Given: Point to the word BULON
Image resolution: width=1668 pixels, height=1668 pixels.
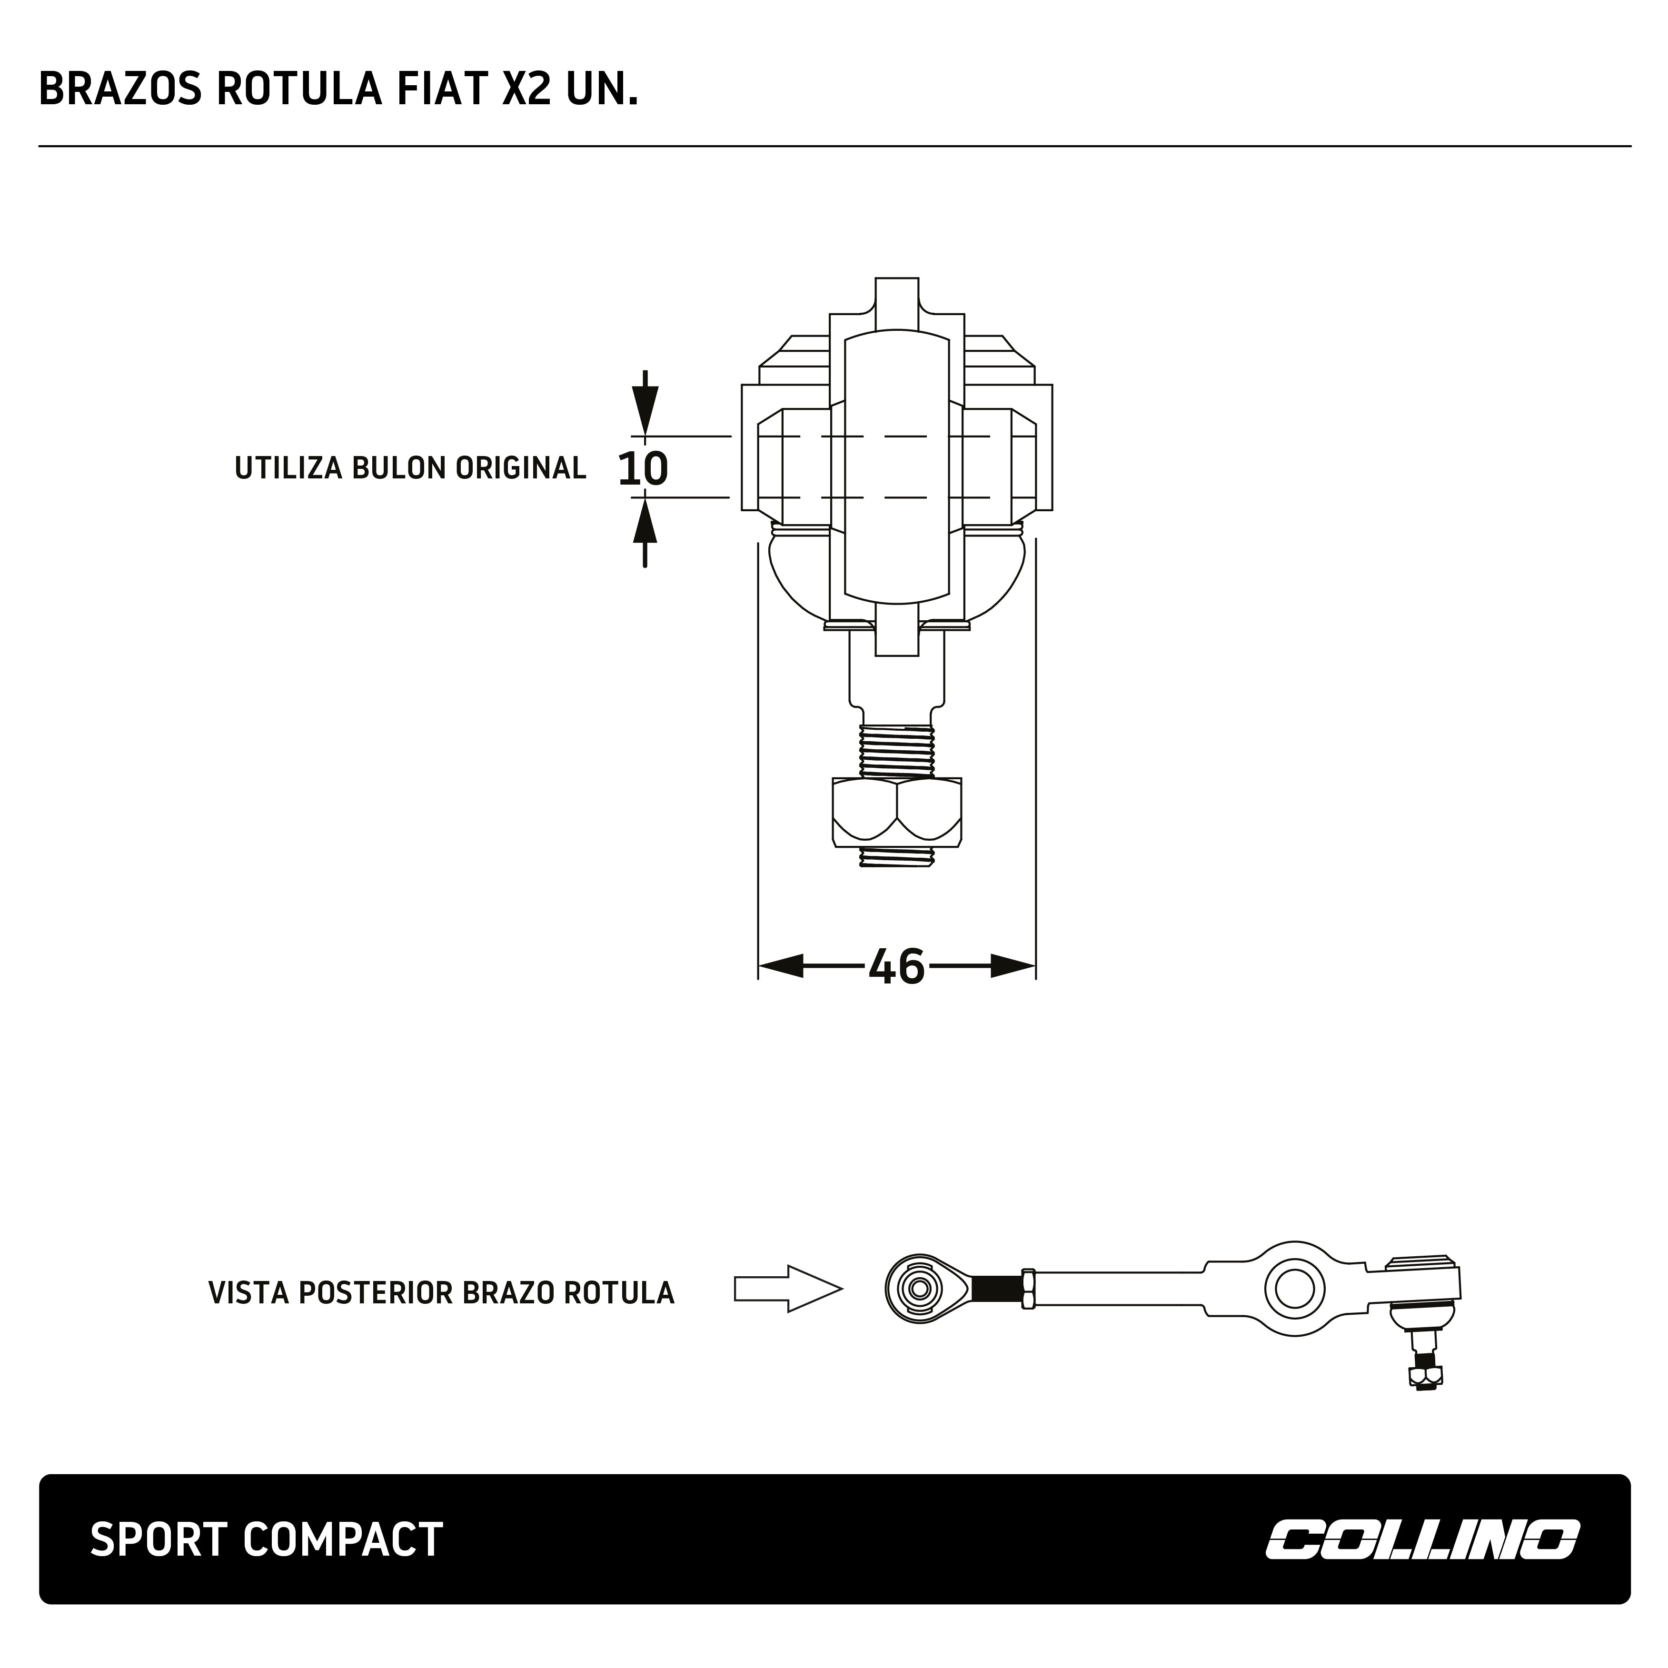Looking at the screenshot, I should pyautogui.click(x=401, y=468).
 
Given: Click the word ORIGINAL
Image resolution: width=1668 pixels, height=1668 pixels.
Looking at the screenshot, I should pyautogui.click(x=521, y=468).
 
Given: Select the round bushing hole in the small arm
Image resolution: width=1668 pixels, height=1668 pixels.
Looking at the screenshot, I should pyautogui.click(x=1294, y=1289).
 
